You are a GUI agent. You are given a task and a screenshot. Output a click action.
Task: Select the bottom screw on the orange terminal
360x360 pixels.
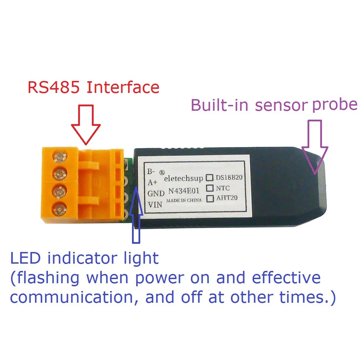[60, 208]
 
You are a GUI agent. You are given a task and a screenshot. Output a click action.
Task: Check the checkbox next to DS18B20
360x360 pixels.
[209, 178]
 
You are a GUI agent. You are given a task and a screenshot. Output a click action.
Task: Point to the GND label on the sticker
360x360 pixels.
[156, 194]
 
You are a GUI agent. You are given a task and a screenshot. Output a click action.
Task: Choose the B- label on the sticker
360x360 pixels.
[151, 171]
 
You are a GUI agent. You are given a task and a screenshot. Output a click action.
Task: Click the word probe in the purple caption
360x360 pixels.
[334, 104]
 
